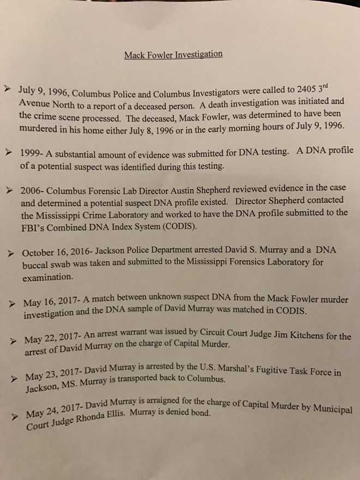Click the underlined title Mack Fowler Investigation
coord(173,55)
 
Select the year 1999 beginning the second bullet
coord(29,153)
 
